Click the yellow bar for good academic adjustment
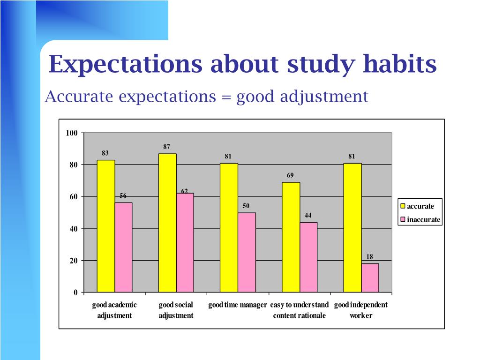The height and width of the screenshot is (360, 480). (x=106, y=226)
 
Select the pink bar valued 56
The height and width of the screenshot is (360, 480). (x=124, y=247)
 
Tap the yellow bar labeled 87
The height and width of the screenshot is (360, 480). (x=167, y=223)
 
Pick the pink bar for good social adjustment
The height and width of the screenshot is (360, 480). (x=185, y=242)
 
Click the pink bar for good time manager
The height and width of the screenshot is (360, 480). (x=247, y=252)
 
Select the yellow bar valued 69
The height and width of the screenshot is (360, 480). (x=291, y=237)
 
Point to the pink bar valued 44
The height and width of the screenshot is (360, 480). (x=308, y=257)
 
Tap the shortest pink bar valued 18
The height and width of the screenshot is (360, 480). (x=370, y=277)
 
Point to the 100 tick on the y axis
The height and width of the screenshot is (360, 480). (x=72, y=133)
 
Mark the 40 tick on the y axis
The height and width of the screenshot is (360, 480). (x=74, y=229)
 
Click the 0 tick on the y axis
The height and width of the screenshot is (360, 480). (x=75, y=292)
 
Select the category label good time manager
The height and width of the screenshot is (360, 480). (x=238, y=305)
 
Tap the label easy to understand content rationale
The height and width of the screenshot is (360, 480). (x=300, y=310)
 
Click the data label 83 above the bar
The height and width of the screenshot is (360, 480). (x=105, y=153)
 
